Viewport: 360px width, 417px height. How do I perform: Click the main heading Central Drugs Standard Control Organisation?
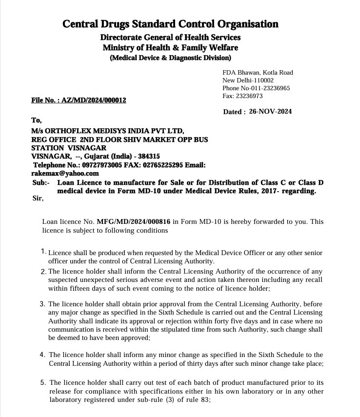170,24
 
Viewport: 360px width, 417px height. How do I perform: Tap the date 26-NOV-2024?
270,112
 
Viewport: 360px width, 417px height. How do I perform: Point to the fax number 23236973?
250,96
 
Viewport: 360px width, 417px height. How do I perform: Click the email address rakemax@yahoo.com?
65,173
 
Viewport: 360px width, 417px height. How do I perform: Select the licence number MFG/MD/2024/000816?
134,221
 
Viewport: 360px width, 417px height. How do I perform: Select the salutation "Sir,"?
37,198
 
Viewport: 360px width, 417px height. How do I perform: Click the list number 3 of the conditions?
42,304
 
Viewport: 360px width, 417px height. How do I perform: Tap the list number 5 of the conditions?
43,383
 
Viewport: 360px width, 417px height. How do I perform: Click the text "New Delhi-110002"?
248,80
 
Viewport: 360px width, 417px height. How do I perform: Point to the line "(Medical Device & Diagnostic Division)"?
170,58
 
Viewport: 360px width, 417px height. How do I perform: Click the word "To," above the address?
37,120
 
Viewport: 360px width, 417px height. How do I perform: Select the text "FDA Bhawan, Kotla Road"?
258,73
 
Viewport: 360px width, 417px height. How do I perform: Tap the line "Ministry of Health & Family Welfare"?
170,48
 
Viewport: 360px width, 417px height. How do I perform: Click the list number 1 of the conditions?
43,252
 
